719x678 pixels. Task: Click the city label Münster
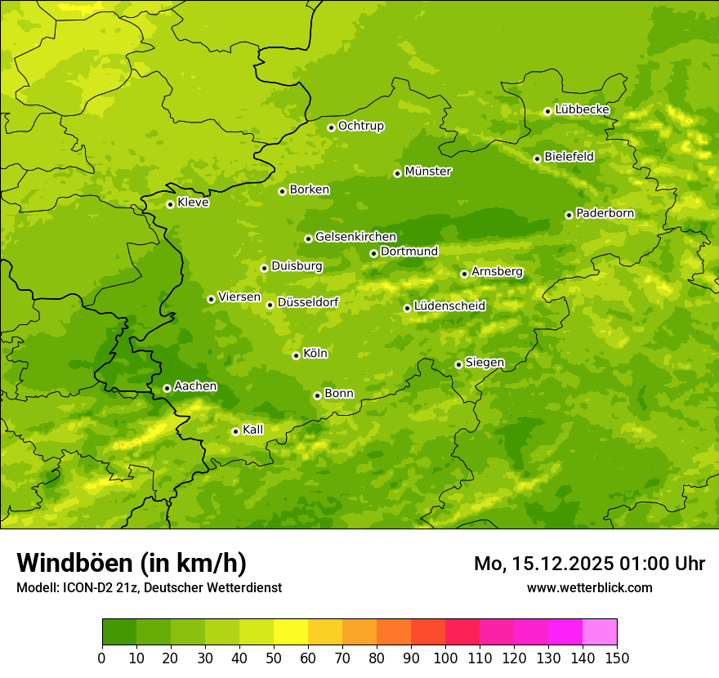[x=428, y=172]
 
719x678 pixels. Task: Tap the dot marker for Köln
[x=296, y=355]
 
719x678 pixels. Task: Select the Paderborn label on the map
[x=605, y=213]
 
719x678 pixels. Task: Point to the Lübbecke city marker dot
[x=547, y=111]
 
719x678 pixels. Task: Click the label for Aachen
[x=195, y=386]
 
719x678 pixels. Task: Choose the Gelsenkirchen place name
[x=355, y=237]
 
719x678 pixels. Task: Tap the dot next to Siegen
[x=458, y=364]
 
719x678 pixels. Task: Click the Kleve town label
[x=193, y=203]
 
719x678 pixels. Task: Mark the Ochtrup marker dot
[x=331, y=127]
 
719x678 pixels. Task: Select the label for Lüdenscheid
[x=449, y=306]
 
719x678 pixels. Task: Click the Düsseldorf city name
[x=308, y=302]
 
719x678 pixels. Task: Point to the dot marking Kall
[x=235, y=431]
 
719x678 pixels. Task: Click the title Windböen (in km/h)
[x=132, y=563]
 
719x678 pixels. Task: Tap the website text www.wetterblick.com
[x=589, y=587]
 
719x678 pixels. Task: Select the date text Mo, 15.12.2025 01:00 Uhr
[x=589, y=564]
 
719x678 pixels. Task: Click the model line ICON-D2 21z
[x=149, y=587]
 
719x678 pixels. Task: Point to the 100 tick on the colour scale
[x=445, y=657]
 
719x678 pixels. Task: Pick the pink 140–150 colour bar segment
[x=600, y=632]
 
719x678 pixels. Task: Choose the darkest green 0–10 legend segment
[x=119, y=632]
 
